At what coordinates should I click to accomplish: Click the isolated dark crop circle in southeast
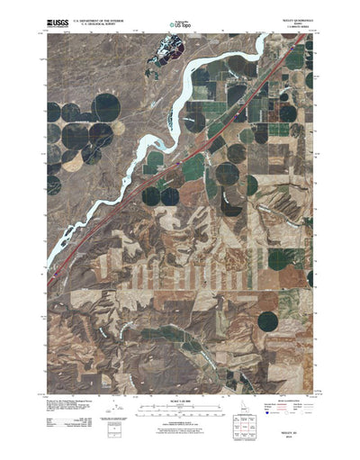tap(268, 320)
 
